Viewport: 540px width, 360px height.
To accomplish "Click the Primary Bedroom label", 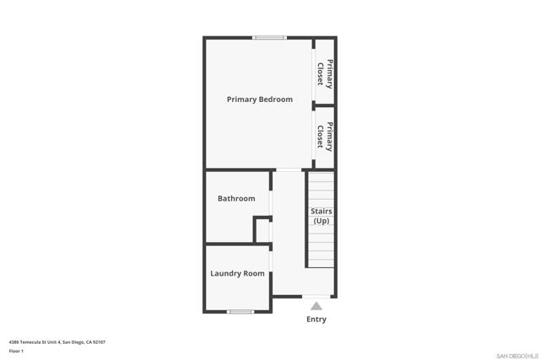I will (x=260, y=99).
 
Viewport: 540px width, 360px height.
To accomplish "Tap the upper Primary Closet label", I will (x=325, y=73).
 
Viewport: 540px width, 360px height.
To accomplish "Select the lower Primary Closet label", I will (x=325, y=137).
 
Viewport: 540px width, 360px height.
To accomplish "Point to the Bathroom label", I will (x=236, y=199).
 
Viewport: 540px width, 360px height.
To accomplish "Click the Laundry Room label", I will (x=237, y=273).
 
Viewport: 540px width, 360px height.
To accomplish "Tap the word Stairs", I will (x=321, y=211).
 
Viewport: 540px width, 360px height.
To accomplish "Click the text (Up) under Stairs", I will (x=321, y=221).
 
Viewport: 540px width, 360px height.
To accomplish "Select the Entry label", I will (x=316, y=320).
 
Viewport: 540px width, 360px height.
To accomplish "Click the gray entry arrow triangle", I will (x=316, y=305).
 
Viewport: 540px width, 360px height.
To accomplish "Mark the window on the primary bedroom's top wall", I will (x=270, y=37).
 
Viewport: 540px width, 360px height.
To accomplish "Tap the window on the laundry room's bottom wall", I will (x=240, y=312).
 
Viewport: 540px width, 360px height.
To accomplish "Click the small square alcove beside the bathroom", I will (x=262, y=230).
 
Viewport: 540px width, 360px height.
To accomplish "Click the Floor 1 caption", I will (x=16, y=351).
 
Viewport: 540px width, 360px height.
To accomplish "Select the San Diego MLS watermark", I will (x=515, y=355).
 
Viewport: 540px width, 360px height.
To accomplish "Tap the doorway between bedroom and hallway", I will (x=288, y=170).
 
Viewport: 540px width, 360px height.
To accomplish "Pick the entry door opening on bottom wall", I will (x=316, y=296).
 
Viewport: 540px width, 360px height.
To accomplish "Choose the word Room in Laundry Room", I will (x=254, y=273).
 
